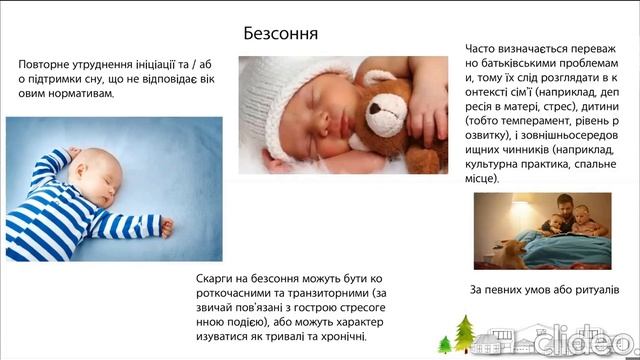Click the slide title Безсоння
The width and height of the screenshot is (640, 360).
point(281,33)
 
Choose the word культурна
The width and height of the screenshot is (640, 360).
point(498,161)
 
